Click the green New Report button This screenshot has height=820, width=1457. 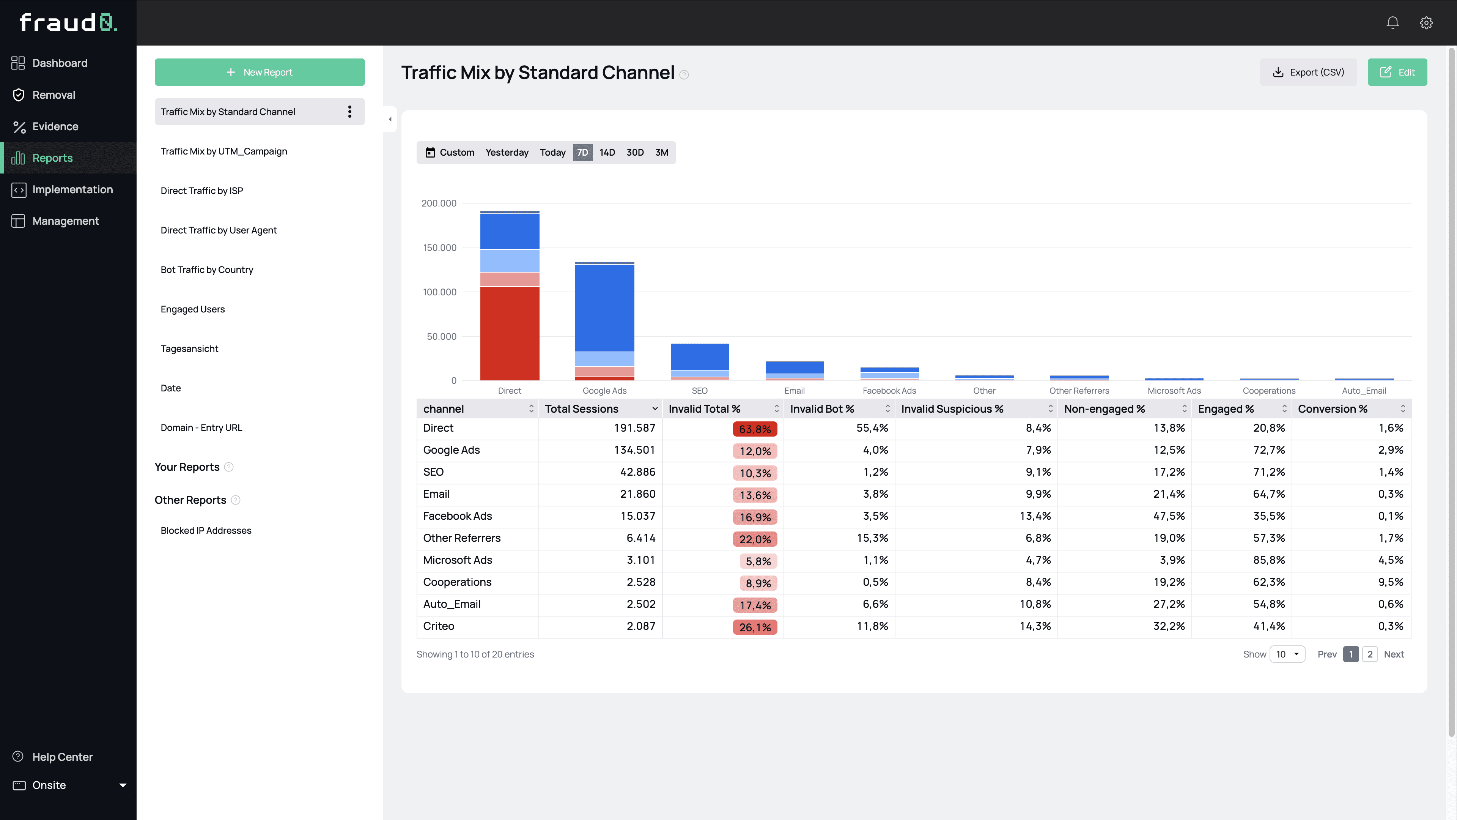pos(260,72)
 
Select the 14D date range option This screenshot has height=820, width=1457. pos(607,152)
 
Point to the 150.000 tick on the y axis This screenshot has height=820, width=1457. pos(439,248)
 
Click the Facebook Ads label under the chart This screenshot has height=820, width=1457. pos(889,391)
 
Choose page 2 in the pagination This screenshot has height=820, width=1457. pos(1369,654)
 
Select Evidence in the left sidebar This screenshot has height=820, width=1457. pos(55,126)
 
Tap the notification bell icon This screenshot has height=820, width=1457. pos(1392,23)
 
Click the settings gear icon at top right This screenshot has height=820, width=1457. pos(1426,23)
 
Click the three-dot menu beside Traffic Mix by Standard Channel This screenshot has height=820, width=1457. pos(349,112)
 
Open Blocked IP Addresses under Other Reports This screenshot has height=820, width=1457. pos(206,530)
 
